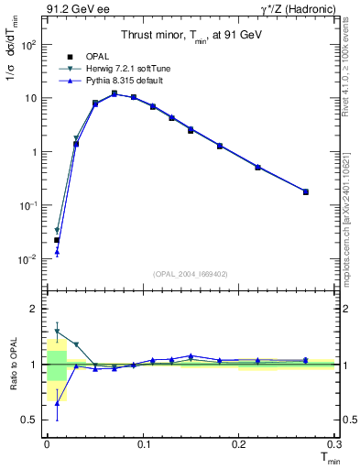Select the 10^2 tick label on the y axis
pyautogui.click(x=29, y=44)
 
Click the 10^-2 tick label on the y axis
pyautogui.click(x=28, y=260)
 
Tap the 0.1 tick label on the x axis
pyautogui.click(x=142, y=443)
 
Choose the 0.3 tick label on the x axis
pyautogui.click(x=333, y=443)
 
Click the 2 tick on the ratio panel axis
pyautogui.click(x=33, y=309)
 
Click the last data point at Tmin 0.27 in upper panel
pyautogui.click(x=305, y=191)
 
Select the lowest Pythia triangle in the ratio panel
pyautogui.click(x=57, y=402)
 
